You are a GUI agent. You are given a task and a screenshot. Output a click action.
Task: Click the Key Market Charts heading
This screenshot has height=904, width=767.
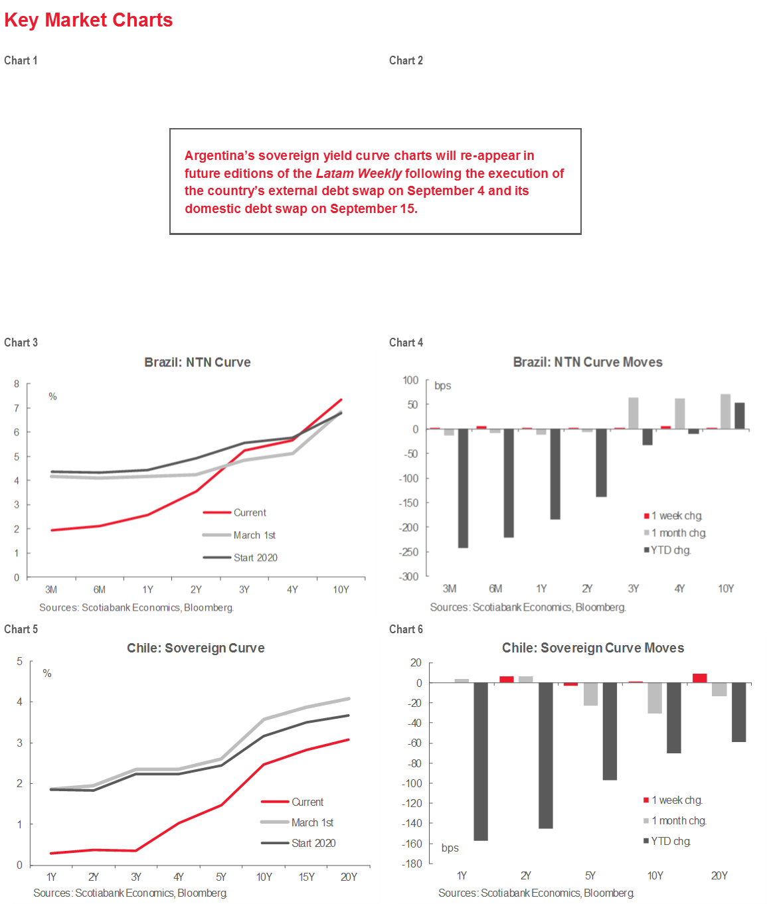pos(88,21)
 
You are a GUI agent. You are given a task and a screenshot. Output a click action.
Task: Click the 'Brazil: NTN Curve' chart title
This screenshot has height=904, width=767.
pos(197,362)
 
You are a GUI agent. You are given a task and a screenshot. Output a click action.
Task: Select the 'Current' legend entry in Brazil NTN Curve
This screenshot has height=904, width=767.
pos(249,513)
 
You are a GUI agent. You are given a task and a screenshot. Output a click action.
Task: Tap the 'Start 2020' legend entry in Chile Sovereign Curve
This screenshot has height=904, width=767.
pos(313,843)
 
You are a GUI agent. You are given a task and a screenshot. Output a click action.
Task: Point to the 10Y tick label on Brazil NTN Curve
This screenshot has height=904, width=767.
pos(341,589)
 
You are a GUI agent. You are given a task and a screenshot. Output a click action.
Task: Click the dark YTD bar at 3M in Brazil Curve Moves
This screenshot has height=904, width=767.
pos(463,488)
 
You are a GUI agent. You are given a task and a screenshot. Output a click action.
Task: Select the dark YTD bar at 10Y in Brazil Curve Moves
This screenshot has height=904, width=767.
pos(739,415)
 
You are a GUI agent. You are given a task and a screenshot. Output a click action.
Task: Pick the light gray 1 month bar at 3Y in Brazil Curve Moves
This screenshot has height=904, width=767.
pos(634,413)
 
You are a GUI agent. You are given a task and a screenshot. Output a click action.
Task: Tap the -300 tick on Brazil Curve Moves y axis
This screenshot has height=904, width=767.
pos(409,576)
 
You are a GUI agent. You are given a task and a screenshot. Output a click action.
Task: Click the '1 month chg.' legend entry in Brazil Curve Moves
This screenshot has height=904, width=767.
pos(678,533)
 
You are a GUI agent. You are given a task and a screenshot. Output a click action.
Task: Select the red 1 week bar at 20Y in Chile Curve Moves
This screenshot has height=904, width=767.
pos(699,678)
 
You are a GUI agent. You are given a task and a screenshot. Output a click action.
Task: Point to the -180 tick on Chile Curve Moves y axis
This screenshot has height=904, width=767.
pos(412,864)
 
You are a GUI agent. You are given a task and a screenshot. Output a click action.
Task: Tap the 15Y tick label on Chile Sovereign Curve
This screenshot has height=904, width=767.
pos(306,877)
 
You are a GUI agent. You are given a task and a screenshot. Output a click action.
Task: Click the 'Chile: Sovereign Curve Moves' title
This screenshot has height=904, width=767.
pos(592,648)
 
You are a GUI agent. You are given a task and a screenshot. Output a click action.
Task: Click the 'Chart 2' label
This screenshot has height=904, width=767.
pos(406,60)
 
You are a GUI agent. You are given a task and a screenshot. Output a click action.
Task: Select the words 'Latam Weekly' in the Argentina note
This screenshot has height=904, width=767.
pos(359,174)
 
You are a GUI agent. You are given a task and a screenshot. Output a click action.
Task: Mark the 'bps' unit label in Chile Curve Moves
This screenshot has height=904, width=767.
pos(450,848)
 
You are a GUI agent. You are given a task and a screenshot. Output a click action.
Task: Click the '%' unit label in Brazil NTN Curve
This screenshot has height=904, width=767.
pos(52,397)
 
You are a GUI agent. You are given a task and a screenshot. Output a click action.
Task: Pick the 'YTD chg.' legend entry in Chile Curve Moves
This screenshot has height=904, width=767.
pos(670,842)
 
